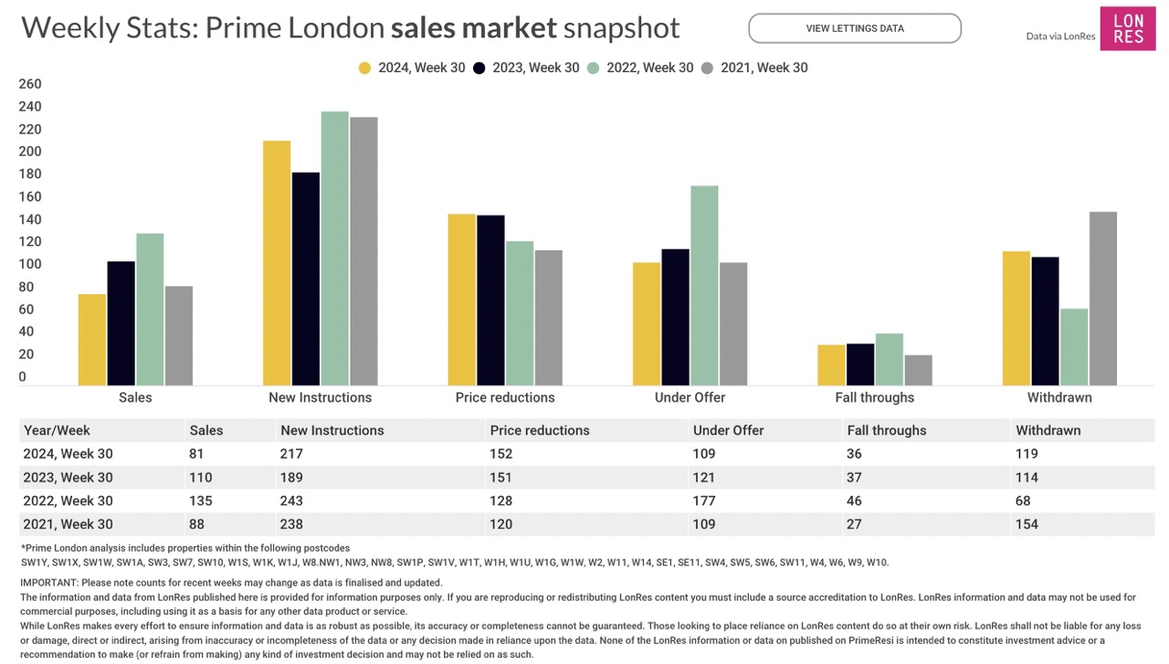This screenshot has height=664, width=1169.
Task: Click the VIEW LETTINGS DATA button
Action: [x=854, y=28]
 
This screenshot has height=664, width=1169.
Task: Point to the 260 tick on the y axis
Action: [x=30, y=84]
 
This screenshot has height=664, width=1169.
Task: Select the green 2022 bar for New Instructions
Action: [x=334, y=248]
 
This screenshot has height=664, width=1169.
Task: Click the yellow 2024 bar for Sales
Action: [x=91, y=339]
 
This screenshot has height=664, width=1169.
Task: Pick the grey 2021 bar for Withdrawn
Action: [x=1102, y=298]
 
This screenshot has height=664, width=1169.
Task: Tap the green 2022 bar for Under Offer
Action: [x=704, y=285]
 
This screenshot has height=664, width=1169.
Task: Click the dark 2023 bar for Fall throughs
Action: [x=860, y=364]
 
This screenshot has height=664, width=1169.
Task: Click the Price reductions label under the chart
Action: [x=505, y=397]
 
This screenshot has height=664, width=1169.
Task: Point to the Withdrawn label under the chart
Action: [x=1059, y=397]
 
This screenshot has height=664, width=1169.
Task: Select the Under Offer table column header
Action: [x=728, y=430]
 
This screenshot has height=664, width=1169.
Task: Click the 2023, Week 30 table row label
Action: [x=68, y=478]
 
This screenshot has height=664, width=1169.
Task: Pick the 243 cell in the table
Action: [x=291, y=501]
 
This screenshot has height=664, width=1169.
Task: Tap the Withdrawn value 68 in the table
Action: [x=1023, y=501]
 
